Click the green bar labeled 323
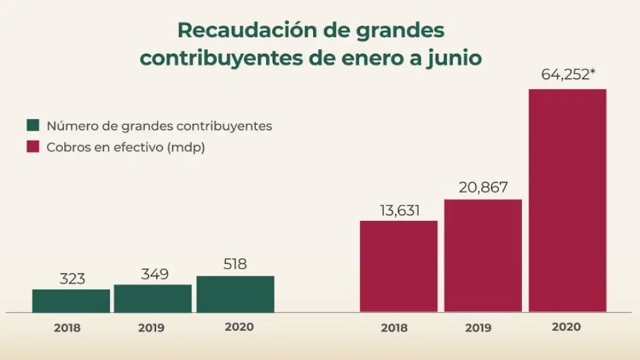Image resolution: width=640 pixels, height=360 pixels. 71,301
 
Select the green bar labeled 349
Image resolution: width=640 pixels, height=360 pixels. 153,299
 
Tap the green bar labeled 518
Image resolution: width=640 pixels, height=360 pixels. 235,294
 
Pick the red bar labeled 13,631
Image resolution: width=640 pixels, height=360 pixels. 398,266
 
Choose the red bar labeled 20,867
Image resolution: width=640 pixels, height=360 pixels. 483,255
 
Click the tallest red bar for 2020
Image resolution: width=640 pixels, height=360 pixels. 567,200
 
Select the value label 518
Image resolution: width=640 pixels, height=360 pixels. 235,264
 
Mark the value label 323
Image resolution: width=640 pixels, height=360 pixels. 71,278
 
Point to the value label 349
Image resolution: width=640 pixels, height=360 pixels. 155,274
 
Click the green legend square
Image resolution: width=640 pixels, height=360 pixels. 33,125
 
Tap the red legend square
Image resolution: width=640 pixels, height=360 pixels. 33,147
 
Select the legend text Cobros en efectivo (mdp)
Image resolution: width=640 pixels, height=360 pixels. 126,147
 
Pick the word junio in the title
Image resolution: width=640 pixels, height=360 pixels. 454,58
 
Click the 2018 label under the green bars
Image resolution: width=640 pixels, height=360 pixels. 67,327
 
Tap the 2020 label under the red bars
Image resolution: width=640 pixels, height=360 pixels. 566,327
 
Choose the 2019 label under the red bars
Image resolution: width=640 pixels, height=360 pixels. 478,328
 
